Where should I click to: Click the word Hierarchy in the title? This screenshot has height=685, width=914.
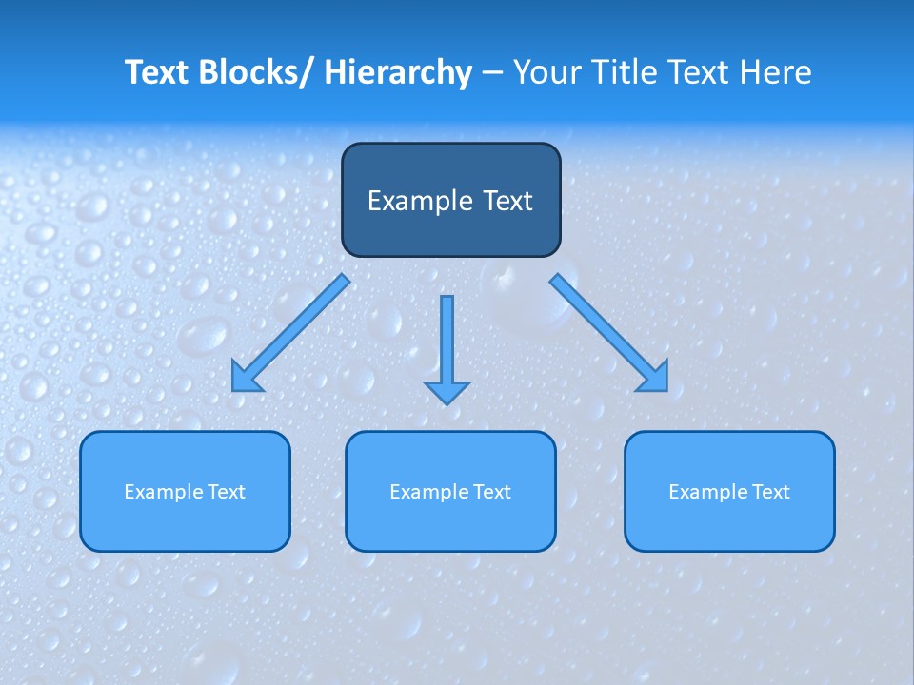(x=398, y=72)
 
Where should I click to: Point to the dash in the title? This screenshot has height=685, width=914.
(x=492, y=72)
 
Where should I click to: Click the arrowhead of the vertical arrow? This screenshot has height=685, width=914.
(x=447, y=392)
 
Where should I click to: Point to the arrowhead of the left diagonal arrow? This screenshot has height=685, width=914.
(x=246, y=378)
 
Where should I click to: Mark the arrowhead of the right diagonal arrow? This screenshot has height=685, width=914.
(x=654, y=378)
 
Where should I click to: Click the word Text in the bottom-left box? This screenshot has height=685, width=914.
(x=227, y=492)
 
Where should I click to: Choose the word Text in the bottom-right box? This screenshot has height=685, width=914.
(x=771, y=492)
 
